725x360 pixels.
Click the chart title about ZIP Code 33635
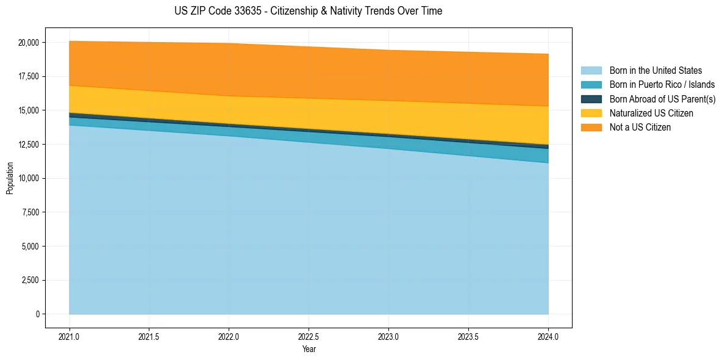[308, 11]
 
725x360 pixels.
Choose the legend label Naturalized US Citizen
[651, 113]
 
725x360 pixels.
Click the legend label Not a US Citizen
[640, 127]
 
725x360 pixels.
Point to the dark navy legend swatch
[591, 99]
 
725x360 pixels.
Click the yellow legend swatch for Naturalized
[591, 113]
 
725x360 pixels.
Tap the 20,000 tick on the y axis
[28, 43]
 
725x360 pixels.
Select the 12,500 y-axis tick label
[28, 145]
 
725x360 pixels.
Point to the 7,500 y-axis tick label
[30, 212]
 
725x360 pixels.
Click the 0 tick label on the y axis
[37, 314]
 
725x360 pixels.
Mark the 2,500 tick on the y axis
[30, 280]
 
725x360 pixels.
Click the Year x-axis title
[309, 349]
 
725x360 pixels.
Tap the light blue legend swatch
[591, 71]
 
